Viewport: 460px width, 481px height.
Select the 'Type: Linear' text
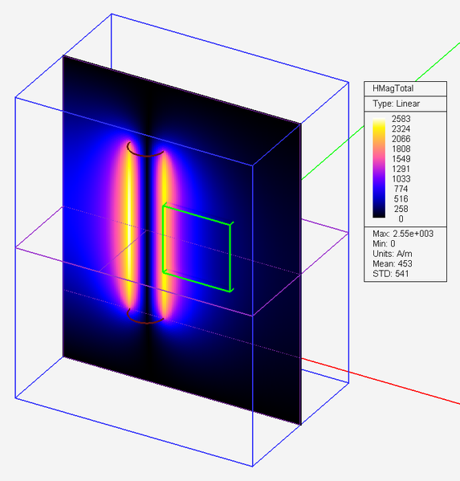pos(397,104)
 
